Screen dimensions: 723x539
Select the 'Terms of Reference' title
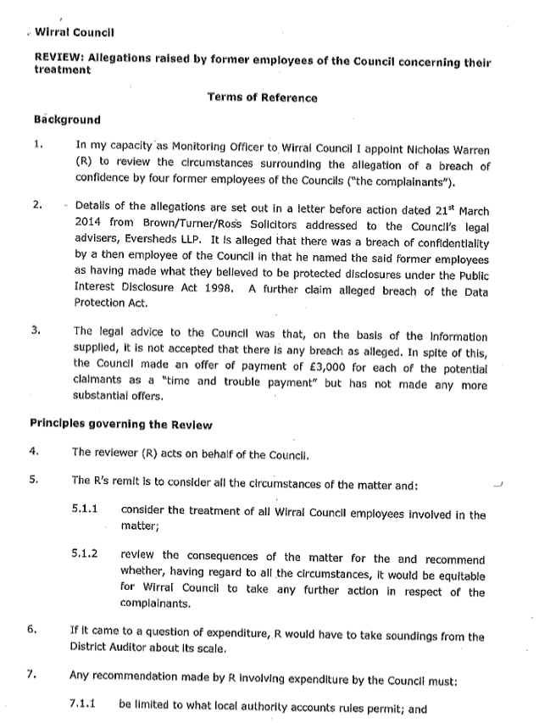pyautogui.click(x=262, y=97)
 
